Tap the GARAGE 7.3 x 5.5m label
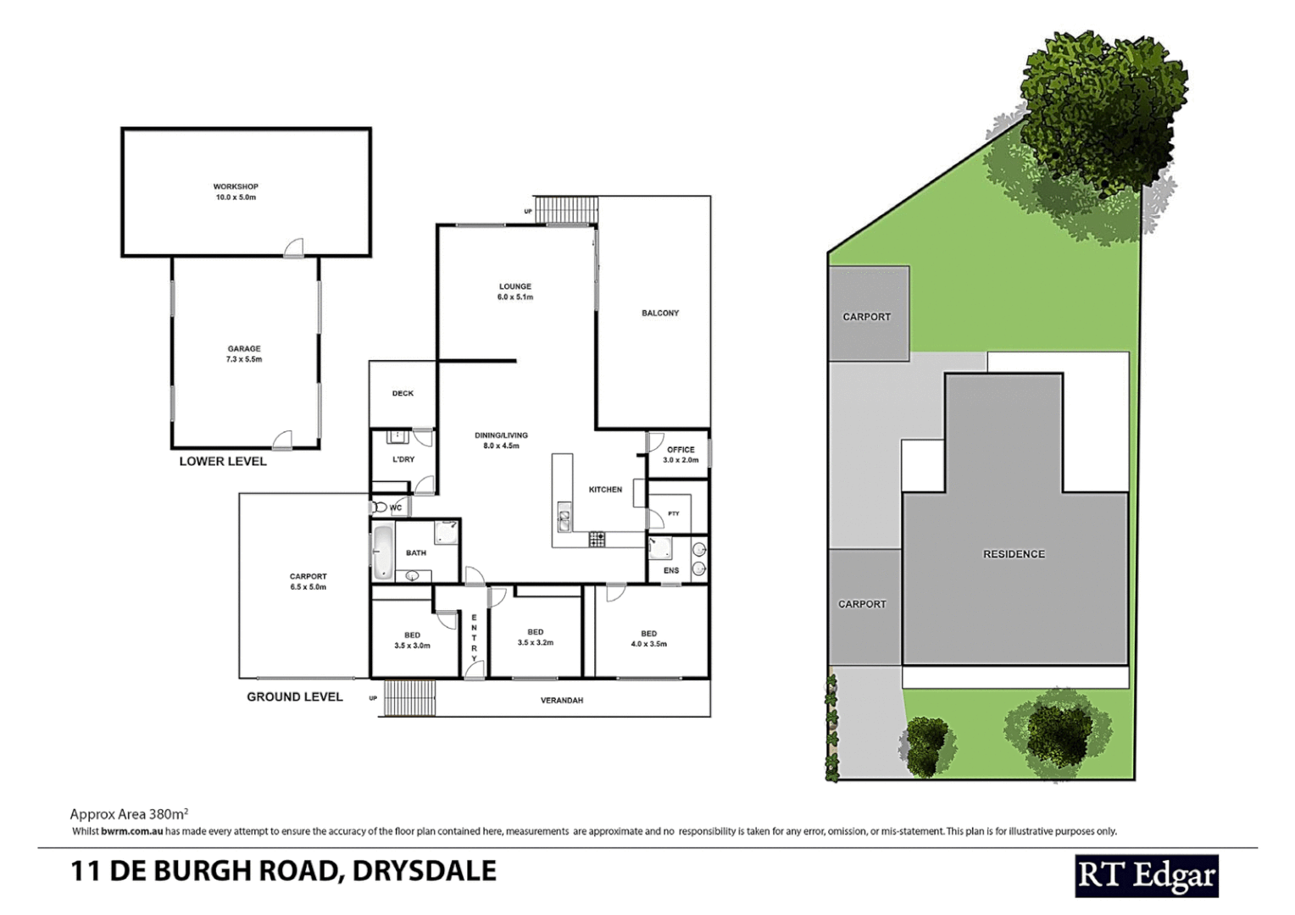click(244, 354)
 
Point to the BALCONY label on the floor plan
click(660, 313)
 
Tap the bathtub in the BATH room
click(383, 552)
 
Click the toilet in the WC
click(379, 507)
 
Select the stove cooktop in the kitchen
click(597, 538)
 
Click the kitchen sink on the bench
click(564, 518)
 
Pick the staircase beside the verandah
click(410, 698)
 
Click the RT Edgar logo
click(1146, 876)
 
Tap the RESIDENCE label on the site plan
click(1014, 554)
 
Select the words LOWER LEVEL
click(223, 462)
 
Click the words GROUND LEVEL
click(295, 697)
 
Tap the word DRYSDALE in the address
click(424, 871)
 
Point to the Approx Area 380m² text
click(129, 814)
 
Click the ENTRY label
click(474, 637)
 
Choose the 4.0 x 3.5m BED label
click(648, 639)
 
